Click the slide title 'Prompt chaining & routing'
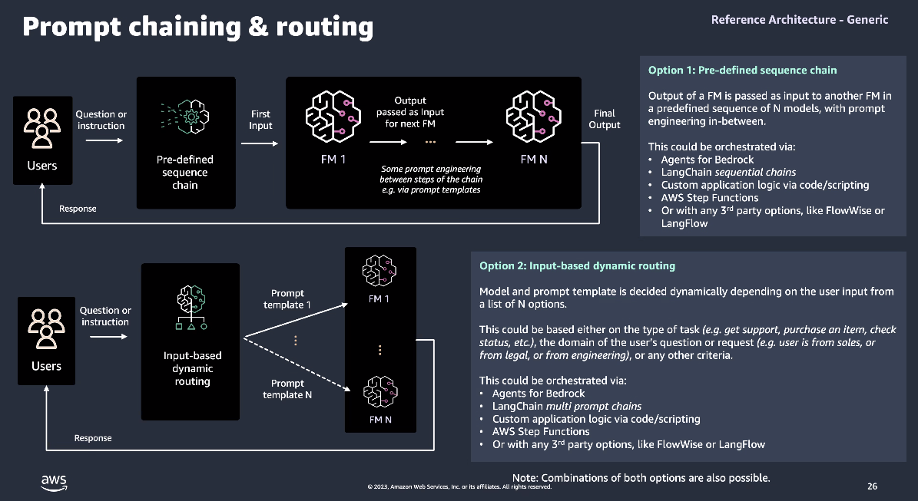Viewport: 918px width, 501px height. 197,27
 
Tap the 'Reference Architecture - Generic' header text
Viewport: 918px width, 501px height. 799,20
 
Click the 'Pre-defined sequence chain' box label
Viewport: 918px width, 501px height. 185,172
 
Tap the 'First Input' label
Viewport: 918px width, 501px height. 260,120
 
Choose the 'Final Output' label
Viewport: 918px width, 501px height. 605,119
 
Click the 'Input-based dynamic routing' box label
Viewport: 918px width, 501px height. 192,368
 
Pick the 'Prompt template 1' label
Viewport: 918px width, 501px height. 287,298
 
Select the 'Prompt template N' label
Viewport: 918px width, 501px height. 287,389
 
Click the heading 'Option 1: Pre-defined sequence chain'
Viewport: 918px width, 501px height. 742,71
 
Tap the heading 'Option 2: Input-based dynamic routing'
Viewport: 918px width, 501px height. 577,266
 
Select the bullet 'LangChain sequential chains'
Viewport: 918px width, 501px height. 728,172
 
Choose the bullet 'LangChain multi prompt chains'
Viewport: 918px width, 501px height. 566,406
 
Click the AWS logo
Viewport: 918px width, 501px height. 54,482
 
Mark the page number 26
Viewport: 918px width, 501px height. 872,486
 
